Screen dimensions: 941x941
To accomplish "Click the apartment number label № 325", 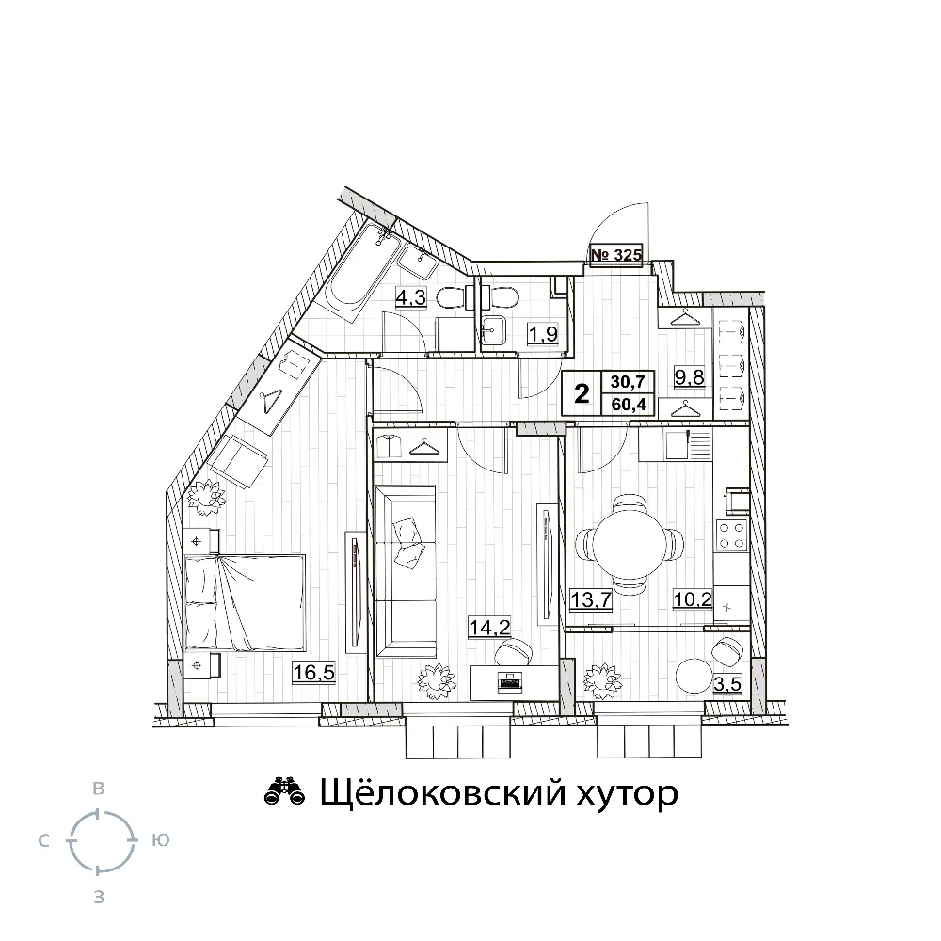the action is [616, 254].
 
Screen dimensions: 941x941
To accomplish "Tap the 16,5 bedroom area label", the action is [313, 672].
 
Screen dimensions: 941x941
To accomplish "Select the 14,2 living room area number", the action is [489, 628].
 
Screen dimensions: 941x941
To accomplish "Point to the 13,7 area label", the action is [591, 598].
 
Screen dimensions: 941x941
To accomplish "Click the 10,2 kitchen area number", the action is [693, 598].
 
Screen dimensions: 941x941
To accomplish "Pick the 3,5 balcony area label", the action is [727, 683].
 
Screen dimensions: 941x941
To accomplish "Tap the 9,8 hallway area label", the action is [689, 377].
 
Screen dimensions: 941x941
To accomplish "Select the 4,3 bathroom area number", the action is [410, 297].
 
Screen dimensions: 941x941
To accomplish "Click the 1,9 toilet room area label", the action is [543, 333].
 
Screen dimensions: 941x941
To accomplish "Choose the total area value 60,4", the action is [629, 405].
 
